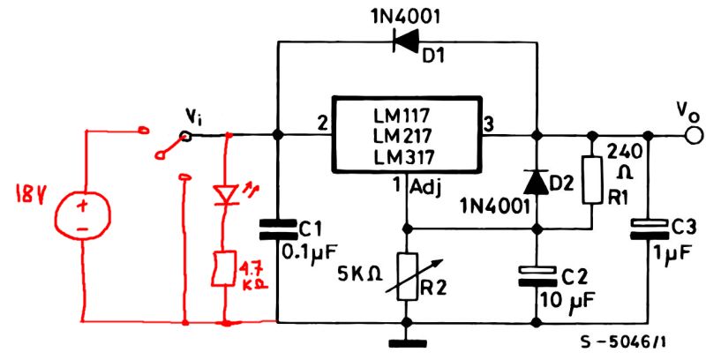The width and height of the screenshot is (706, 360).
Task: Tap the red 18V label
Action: point(26,192)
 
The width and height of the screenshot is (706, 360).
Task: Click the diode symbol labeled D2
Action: point(535,181)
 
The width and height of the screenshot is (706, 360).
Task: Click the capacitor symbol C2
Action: point(536,275)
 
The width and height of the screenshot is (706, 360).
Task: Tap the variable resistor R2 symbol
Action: point(406,276)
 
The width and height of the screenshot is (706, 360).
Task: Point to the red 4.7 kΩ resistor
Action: point(228,269)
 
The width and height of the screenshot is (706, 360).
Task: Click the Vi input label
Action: point(194,116)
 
